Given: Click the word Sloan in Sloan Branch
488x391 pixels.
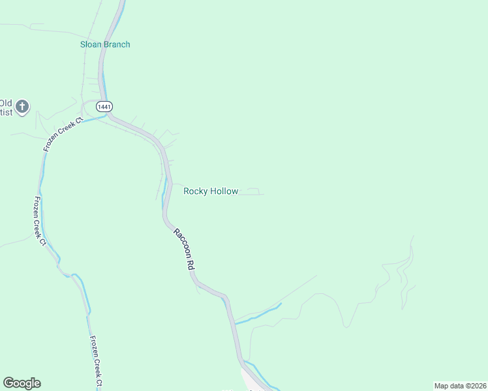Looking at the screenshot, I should click(89, 44).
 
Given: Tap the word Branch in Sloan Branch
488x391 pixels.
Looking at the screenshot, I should click(116, 44).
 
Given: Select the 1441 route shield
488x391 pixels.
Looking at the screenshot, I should click(104, 106).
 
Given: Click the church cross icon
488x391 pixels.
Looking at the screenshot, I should click(23, 106).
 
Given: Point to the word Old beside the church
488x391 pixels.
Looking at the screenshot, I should click(6, 102).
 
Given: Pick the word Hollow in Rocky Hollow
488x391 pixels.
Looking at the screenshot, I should click(224, 191).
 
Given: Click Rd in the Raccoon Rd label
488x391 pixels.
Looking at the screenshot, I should click(192, 264).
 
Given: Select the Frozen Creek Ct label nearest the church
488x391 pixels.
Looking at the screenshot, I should click(63, 134).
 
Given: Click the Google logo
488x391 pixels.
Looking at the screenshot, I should click(22, 383).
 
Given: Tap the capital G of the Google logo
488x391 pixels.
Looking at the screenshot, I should click(8, 383).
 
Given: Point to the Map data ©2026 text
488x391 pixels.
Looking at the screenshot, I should click(461, 386).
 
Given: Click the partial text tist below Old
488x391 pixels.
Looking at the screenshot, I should click(6, 113).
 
